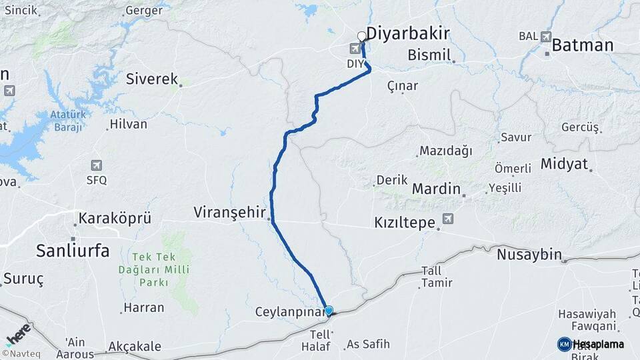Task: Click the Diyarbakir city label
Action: click(x=408, y=34)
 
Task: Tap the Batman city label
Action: click(x=582, y=45)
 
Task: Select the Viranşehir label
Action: click(x=231, y=212)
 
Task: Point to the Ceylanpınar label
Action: click(x=287, y=312)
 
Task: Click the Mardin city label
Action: click(x=436, y=189)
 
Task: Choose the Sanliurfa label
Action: click(x=73, y=251)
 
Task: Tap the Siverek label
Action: click(x=152, y=79)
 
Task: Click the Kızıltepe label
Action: click(x=405, y=222)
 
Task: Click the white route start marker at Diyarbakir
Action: click(x=362, y=36)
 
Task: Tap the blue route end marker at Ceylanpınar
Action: click(x=328, y=311)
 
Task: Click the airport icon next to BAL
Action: click(x=547, y=36)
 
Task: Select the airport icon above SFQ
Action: click(x=96, y=165)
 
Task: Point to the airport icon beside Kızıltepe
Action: click(x=447, y=219)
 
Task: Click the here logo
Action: click(x=18, y=331)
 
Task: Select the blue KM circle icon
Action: click(x=564, y=344)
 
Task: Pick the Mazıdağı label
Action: click(x=445, y=151)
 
